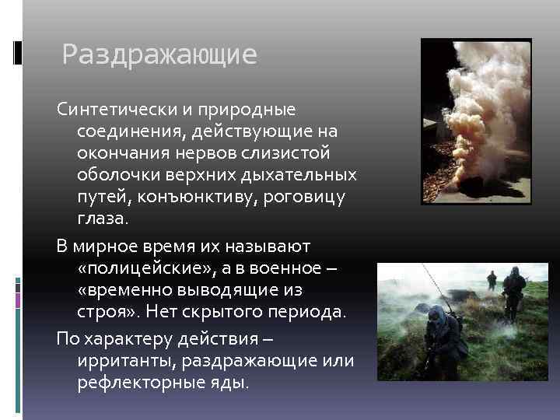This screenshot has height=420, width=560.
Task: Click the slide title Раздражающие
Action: coord(159,55)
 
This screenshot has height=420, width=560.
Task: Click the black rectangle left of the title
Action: coord(17,52)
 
